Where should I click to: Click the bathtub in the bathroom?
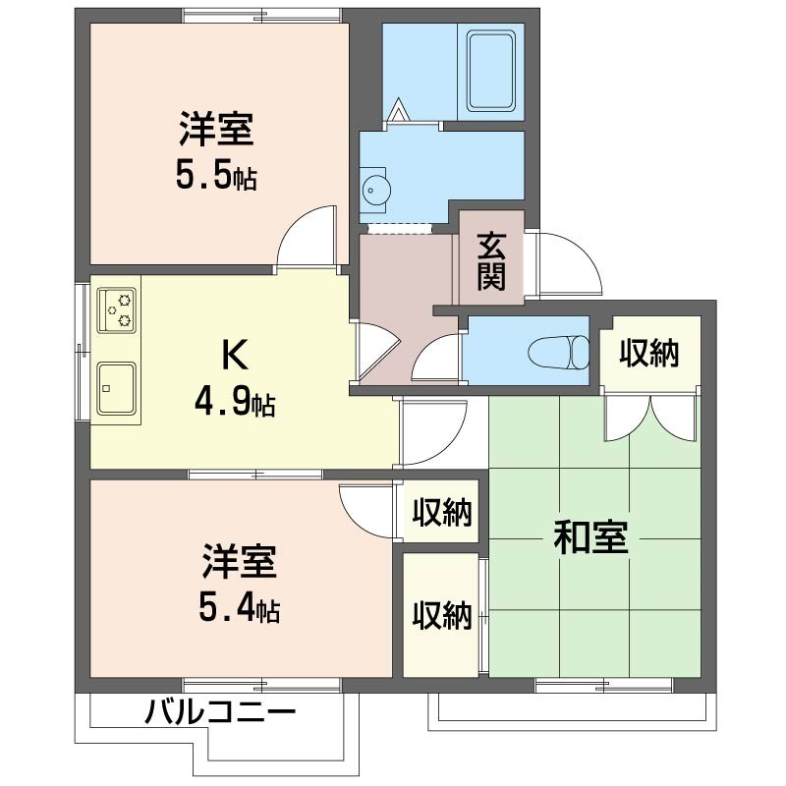tap(490, 70)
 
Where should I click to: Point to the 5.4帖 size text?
tap(239, 610)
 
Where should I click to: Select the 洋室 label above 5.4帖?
tap(240, 564)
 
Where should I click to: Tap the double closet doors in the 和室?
tap(650, 417)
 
